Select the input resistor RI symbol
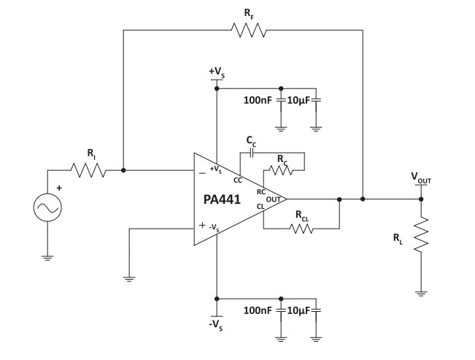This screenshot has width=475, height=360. click(89, 170)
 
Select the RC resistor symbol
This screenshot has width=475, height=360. click(279, 170)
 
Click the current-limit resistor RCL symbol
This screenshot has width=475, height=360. click(301, 229)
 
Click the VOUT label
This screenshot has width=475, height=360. click(422, 177)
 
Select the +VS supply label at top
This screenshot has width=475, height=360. click(217, 72)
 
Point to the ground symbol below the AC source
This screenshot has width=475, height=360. click(47, 257)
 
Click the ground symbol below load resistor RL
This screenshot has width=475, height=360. click(420, 294)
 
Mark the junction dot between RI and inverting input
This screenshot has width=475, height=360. click(123, 170)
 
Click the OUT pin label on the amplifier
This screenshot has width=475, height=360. click(272, 199)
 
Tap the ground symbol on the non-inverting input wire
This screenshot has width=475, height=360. click(128, 277)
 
